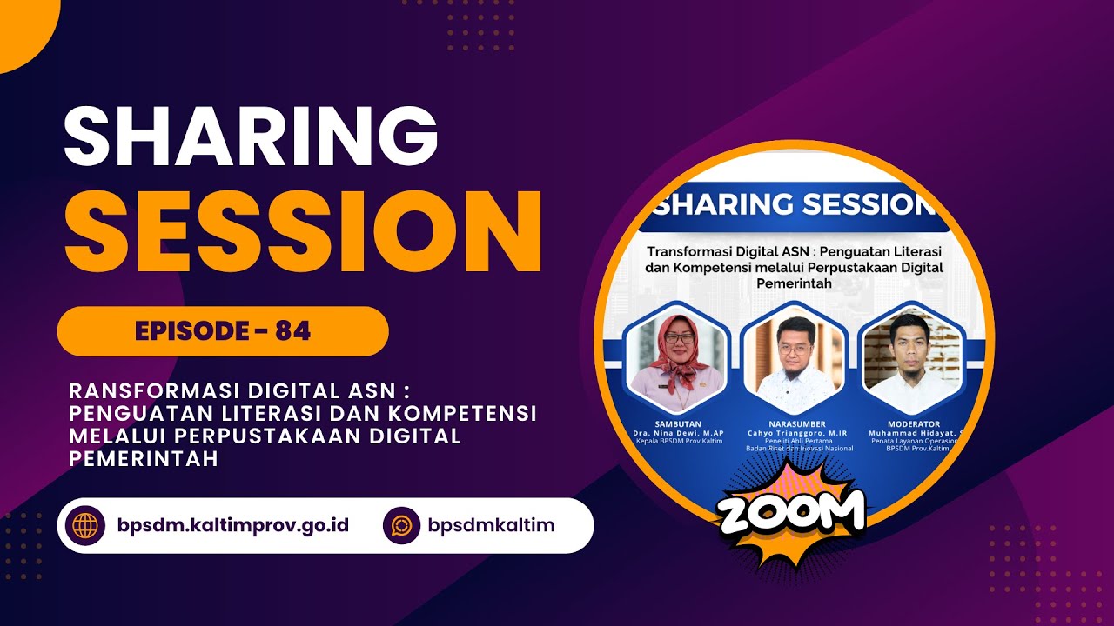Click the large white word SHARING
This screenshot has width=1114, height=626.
pos(251,137)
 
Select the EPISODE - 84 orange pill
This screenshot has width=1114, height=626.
pos(223,331)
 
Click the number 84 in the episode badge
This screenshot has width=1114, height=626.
pos(292,331)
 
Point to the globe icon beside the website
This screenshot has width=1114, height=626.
pos(86,525)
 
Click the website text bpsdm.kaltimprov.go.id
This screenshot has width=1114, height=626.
pos(232,525)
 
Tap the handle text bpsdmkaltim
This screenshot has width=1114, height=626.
pos(491,525)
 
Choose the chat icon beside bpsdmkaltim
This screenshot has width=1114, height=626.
pos(401,525)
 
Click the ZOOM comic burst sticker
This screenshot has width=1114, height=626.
pos(791,513)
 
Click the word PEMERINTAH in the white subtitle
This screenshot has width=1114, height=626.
pos(144,459)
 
